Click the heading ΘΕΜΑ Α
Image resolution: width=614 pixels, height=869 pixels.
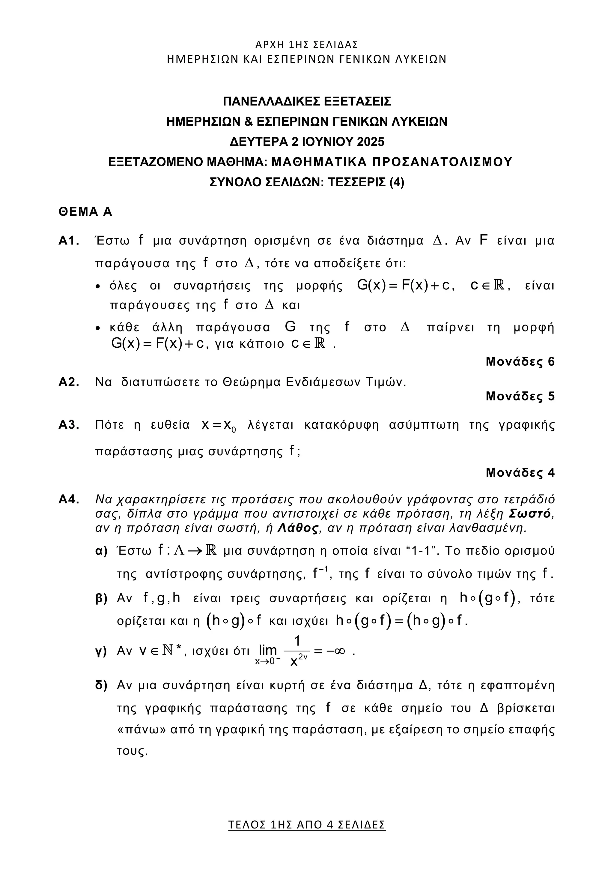pyautogui.click(x=85, y=211)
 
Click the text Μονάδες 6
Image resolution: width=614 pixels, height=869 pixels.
pyautogui.click(x=520, y=361)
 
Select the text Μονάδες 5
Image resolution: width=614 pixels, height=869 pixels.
pyautogui.click(x=520, y=396)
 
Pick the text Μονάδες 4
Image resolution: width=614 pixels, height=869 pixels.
pyautogui.click(x=520, y=472)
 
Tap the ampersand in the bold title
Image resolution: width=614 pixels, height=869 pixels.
pyautogui.click(x=249, y=121)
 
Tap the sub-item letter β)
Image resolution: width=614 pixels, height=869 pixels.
pyautogui.click(x=101, y=598)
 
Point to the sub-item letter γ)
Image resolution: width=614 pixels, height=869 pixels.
pyautogui.click(x=101, y=651)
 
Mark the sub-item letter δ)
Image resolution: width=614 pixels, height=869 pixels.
pyautogui.click(x=101, y=685)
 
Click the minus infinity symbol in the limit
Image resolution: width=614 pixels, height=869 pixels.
pyautogui.click(x=335, y=651)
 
